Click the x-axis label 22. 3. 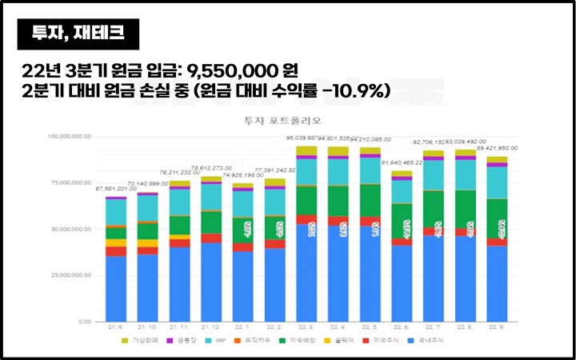306,328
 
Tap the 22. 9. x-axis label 497,328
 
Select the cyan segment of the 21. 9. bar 116,212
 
